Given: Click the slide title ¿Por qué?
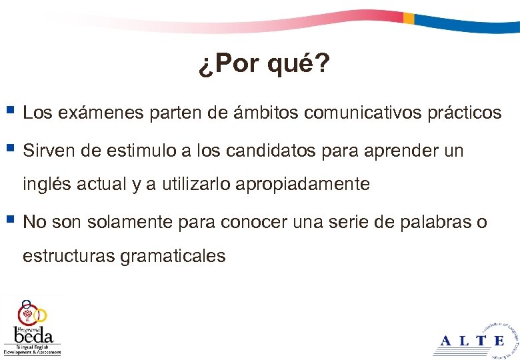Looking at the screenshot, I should point(263,65).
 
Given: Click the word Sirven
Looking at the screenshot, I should point(44,151).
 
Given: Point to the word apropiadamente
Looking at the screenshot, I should point(303,185).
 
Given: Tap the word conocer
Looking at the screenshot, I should point(254,222).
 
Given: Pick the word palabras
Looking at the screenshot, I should point(433,222).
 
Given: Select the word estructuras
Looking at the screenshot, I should point(69,255).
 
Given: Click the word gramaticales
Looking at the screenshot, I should point(173,256).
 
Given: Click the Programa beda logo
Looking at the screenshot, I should point(31,327).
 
